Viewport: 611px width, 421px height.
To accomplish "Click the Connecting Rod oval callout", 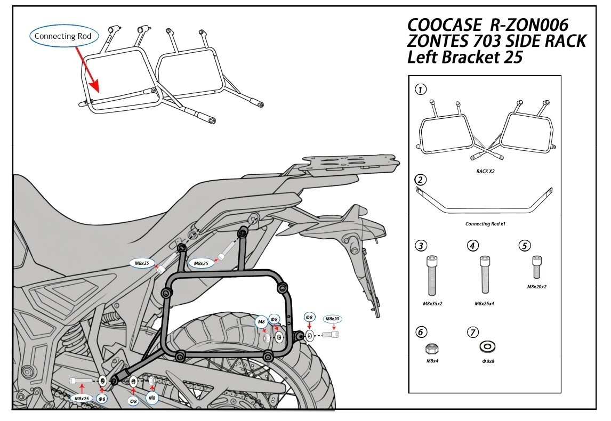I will [63, 37].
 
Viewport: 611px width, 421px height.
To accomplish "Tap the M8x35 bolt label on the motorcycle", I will [141, 263].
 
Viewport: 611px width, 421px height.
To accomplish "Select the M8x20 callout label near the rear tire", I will [332, 319].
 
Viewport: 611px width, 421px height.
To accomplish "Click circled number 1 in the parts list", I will [421, 90].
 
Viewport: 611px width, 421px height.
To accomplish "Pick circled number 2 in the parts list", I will [421, 179].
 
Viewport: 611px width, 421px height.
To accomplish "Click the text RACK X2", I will [485, 172].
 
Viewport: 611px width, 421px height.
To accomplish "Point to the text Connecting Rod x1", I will [485, 224].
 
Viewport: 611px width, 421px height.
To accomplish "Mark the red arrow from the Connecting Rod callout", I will [87, 67].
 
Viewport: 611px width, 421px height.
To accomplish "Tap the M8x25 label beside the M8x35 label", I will [201, 263].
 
